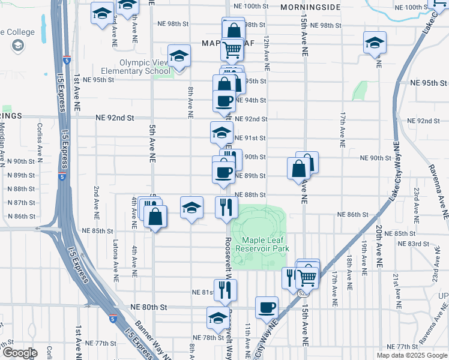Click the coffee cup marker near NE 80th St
click(x=267, y=307)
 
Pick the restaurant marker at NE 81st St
click(x=225, y=290)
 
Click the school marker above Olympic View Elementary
click(x=178, y=56)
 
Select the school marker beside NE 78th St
click(x=217, y=317)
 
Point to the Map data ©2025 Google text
click(x=412, y=355)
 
